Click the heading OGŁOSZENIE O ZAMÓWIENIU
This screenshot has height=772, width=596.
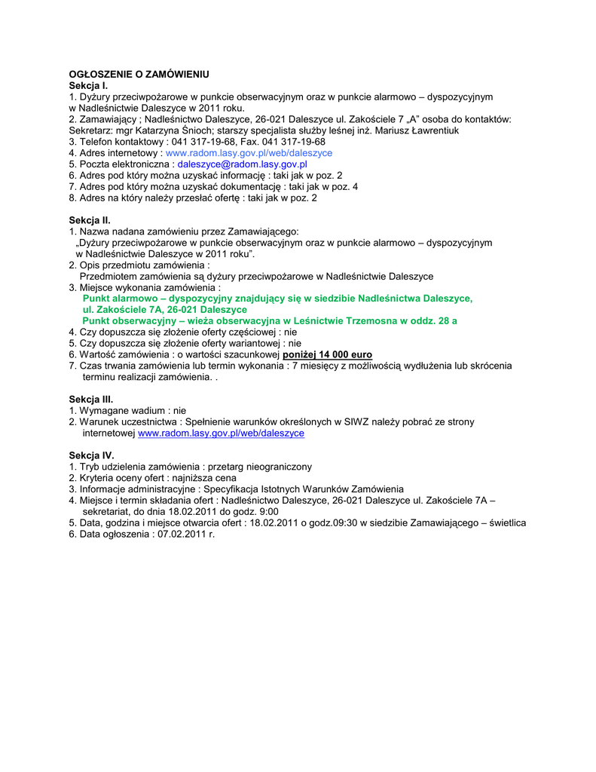(139, 75)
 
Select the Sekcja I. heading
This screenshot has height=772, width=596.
(89, 86)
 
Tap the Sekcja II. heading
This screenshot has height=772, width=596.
(90, 220)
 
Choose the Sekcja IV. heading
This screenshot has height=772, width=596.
(91, 455)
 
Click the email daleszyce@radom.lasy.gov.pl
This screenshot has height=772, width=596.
(242, 164)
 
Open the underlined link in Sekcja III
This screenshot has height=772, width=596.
(221, 433)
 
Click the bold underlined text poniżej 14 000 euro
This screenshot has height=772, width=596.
(327, 354)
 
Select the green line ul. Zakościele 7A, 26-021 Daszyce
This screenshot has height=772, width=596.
(164, 310)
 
